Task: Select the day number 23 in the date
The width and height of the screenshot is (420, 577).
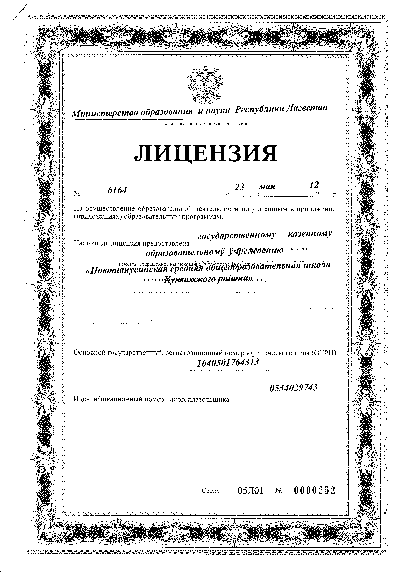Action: pos(239,187)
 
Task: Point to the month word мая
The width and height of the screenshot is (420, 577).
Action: pos(267,186)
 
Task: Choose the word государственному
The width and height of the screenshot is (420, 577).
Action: pos(237,236)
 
